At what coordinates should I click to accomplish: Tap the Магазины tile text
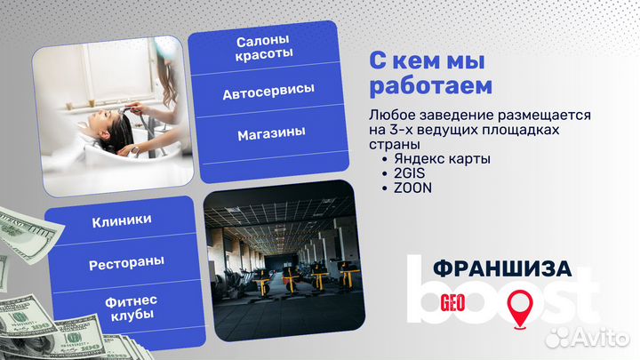point(270,133)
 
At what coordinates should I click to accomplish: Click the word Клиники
point(121,220)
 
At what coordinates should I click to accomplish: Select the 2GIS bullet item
point(408,173)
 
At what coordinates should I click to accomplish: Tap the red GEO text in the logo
point(453,301)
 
